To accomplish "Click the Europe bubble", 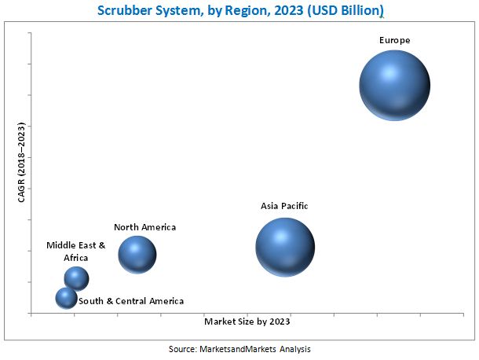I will [x=394, y=85].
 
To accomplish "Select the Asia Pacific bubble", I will [x=285, y=247].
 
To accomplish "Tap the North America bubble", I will [x=137, y=255].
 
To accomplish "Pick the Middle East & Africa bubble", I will [x=76, y=278].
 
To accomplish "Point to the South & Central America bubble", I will [x=67, y=298].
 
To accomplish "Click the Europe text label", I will [x=394, y=40].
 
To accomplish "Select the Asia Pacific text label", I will [x=284, y=206].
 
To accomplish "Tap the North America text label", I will [x=144, y=227].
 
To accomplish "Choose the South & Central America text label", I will [x=131, y=301].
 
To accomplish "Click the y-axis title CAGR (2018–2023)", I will [x=22, y=163].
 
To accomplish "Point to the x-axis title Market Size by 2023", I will [x=247, y=321].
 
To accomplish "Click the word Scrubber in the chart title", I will [x=127, y=11].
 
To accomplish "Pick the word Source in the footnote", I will [x=182, y=348].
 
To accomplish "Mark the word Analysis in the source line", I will [x=292, y=348].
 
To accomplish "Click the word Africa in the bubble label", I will [x=76, y=257].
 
